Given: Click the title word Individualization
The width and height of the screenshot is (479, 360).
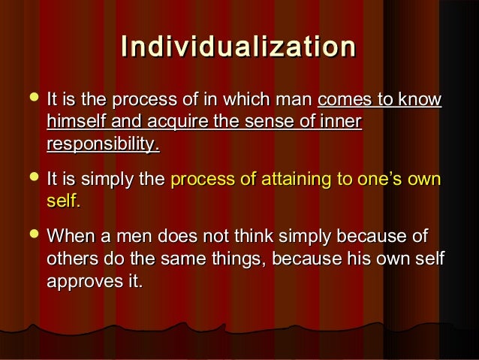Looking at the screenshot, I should (238, 46).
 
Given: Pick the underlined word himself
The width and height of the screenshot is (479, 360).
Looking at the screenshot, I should (76, 122).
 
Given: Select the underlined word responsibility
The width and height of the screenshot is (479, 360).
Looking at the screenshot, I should (103, 143).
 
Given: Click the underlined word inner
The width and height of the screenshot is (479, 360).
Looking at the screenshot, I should (342, 122).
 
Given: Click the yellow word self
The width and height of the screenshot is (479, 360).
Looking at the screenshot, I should (61, 201).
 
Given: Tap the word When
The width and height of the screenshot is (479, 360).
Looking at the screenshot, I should (69, 238).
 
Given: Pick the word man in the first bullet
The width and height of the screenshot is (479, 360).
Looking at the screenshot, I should (297, 101).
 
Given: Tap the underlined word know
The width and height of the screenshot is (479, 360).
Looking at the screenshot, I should (420, 101).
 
